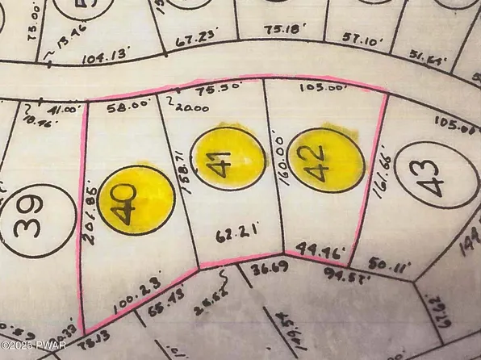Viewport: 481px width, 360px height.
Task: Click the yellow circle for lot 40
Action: coord(138,199)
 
